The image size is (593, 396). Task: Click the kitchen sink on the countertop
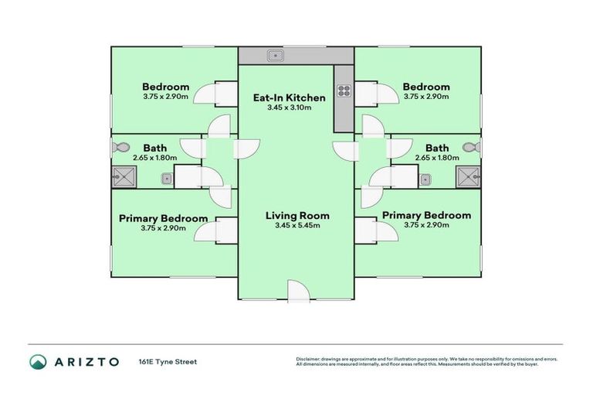tap(276, 56)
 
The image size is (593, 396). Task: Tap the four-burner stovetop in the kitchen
tap(344, 91)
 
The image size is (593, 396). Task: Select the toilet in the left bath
tap(120, 147)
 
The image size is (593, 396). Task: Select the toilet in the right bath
tap(472, 147)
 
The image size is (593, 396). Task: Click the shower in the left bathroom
tap(124, 176)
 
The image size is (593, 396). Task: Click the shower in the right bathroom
tap(468, 176)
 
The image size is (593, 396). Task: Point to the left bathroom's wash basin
tap(167, 179)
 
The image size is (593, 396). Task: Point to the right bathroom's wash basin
tap(425, 179)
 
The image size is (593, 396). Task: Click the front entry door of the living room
tap(299, 292)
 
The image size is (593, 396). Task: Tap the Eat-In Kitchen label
tap(290, 97)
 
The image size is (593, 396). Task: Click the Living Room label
tap(297, 216)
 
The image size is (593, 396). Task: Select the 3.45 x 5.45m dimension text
tap(297, 226)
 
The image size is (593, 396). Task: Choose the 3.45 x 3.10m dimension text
tap(290, 108)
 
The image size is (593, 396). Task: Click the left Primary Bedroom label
tap(164, 219)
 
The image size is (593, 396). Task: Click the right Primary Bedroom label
tap(426, 215)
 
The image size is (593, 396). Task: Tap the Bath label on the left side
tap(155, 148)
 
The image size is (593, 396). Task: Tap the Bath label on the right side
tap(437, 148)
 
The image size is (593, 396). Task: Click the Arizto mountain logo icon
tap(38, 362)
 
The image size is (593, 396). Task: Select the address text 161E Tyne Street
tap(168, 362)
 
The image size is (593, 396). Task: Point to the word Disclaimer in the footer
tap(308, 359)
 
